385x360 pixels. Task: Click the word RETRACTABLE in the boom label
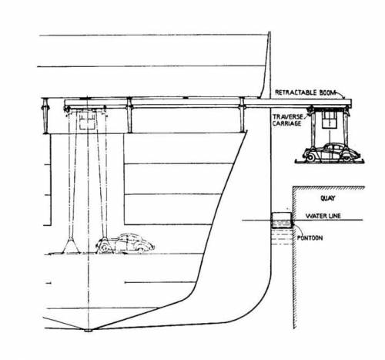pos(296,93)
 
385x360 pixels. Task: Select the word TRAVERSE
pos(287,117)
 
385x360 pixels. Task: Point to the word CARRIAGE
pos(286,123)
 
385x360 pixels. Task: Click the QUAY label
pos(328,198)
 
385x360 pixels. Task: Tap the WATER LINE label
pos(323,216)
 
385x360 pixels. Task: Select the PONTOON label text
pos(310,237)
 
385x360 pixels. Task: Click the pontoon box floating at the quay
pos(282,220)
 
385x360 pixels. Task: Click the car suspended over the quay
pos(330,152)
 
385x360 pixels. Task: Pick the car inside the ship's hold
pos(126,243)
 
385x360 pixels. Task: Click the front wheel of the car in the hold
pos(105,247)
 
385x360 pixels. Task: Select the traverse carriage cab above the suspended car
pos(329,119)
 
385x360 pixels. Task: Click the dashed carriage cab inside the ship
pos(88,120)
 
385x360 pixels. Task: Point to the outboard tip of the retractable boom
pos(351,103)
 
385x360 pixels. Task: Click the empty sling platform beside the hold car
pos(70,247)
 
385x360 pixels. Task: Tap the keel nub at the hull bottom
pos(88,330)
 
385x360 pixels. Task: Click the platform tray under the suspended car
pos(330,161)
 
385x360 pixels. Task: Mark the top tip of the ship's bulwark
pos(269,32)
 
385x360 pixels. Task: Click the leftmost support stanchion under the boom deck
pos(45,116)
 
